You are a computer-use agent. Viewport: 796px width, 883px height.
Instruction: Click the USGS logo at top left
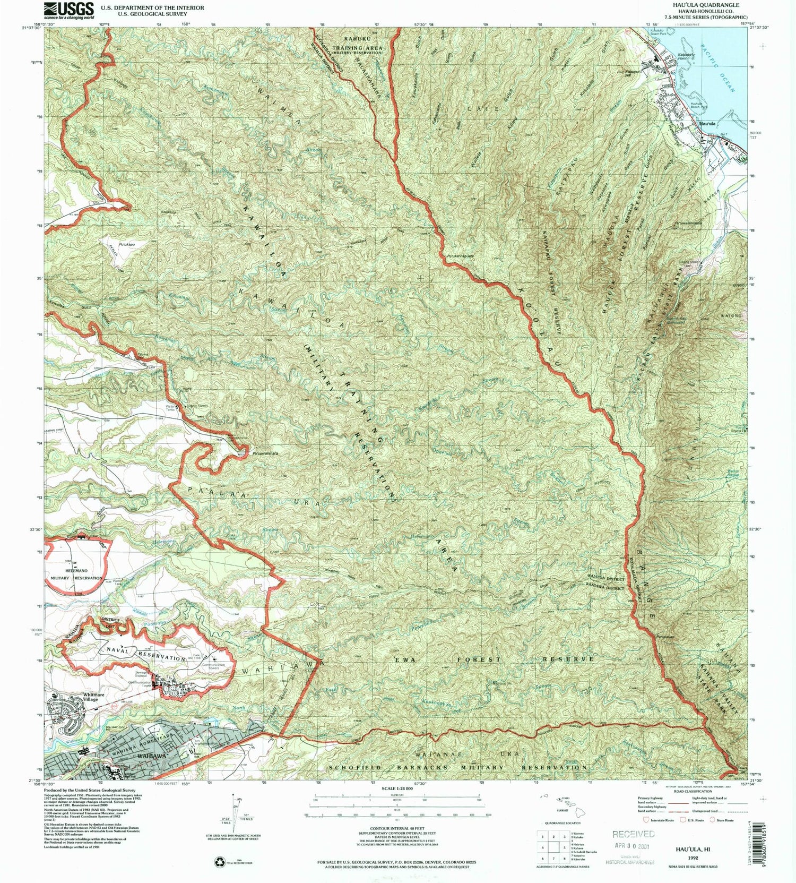69,10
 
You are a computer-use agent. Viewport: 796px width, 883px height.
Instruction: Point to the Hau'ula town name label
707,124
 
